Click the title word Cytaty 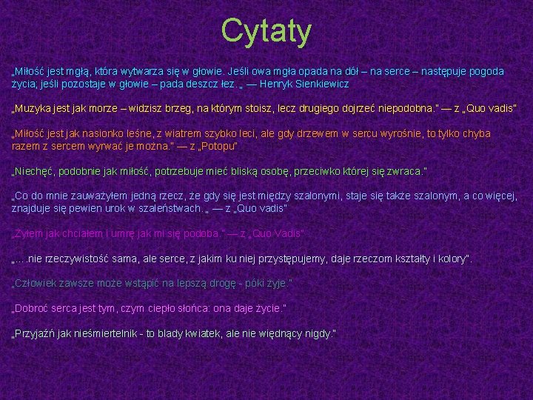click(266, 31)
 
